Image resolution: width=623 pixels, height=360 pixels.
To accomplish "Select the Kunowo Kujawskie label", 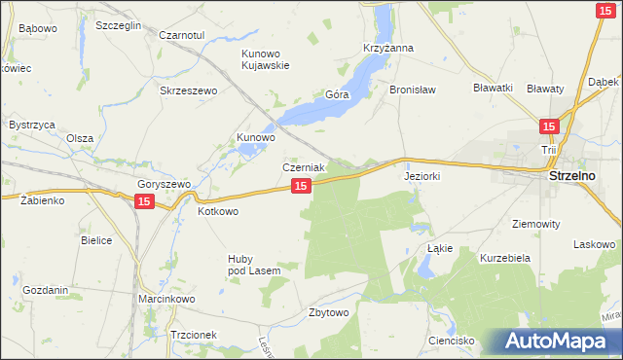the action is coord(266,59).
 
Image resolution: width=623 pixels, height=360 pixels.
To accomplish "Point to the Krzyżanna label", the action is coord(388,48).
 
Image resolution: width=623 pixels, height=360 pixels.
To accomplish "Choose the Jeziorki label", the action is coord(422,178).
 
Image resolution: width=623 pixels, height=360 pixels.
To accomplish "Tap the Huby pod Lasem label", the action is coord(254,265).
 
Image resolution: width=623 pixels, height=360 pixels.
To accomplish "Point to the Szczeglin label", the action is coord(119,25).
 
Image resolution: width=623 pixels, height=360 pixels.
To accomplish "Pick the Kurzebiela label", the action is coord(504,258).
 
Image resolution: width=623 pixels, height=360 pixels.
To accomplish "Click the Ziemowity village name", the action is coord(534,223).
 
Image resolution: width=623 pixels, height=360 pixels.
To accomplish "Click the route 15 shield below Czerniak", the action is coord(301,185).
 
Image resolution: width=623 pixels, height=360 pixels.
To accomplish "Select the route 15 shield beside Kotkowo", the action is coord(144,200).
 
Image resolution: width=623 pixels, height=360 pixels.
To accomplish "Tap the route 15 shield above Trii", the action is coord(549,126).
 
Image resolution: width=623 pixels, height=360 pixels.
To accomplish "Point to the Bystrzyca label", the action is coord(31,126).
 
